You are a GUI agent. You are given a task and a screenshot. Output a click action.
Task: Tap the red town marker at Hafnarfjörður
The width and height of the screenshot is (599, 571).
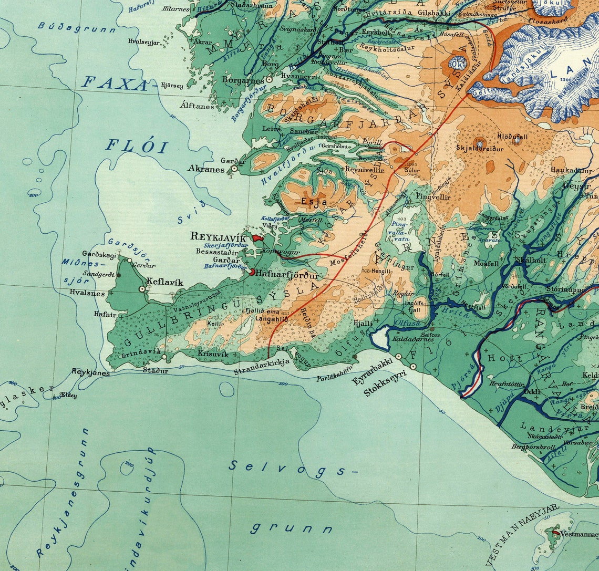point(252,272)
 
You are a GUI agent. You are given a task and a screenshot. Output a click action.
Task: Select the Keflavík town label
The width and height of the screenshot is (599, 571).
point(164,283)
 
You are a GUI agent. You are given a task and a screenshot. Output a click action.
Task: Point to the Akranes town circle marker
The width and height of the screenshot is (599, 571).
point(234,169)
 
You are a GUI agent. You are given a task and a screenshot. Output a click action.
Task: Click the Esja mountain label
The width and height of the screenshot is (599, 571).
point(314,201)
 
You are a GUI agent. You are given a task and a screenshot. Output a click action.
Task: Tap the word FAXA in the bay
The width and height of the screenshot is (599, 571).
point(115,84)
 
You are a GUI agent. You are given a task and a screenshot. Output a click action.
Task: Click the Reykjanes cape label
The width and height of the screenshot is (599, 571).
point(90,372)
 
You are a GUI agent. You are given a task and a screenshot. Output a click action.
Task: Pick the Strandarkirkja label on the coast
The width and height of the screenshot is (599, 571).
point(262,372)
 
